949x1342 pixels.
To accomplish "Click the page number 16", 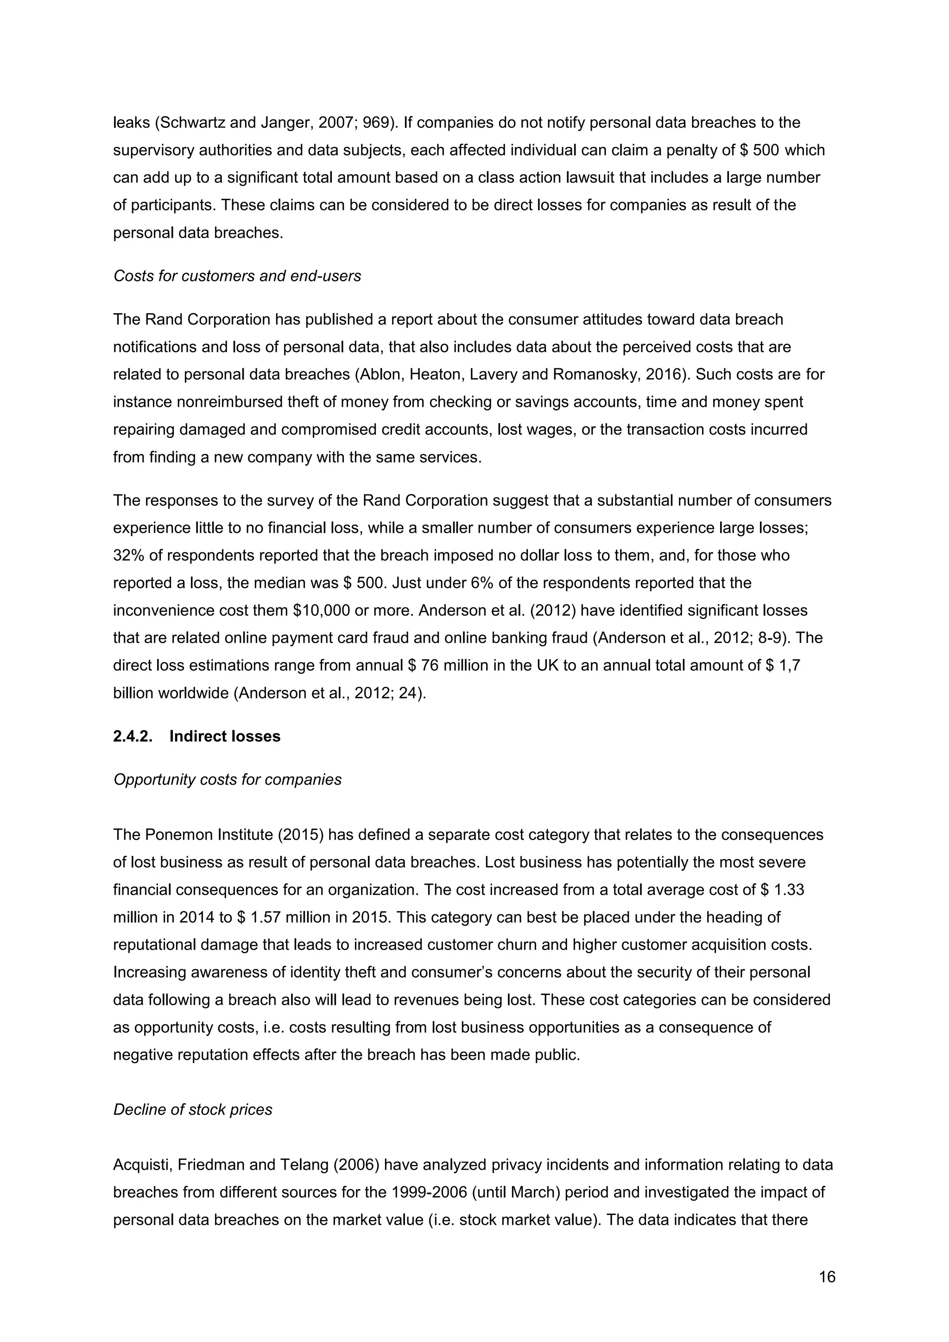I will click(x=827, y=1277).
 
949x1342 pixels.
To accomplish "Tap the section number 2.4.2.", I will click(x=133, y=736).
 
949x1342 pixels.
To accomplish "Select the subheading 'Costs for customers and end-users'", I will click(x=237, y=275).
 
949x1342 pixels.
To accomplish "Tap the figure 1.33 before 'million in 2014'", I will click(x=789, y=890).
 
